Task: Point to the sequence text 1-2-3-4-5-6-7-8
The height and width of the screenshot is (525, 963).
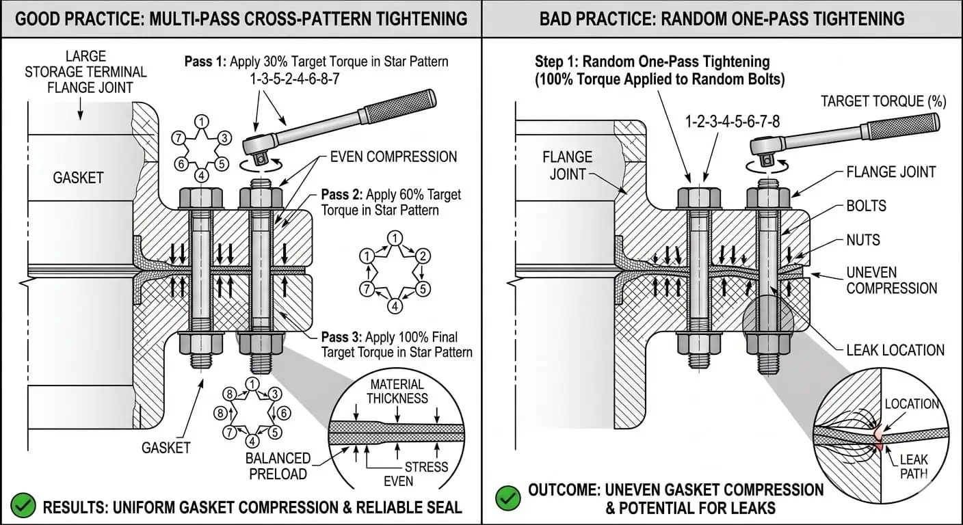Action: click(733, 122)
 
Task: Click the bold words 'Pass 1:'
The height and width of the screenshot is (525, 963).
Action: click(205, 62)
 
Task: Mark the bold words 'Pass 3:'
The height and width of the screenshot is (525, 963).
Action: click(341, 337)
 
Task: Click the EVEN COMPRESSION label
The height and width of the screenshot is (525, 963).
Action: click(393, 157)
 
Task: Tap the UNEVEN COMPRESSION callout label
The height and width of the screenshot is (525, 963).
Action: click(891, 280)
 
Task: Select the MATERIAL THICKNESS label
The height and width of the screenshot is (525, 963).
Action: click(397, 391)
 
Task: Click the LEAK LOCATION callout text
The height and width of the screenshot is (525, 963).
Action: click(895, 350)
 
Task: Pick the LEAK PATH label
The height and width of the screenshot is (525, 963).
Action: click(914, 467)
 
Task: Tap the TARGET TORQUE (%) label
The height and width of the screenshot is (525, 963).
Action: click(884, 102)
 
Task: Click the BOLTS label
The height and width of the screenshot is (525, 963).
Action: click(866, 206)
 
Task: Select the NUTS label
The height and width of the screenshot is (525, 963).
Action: click(862, 240)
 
